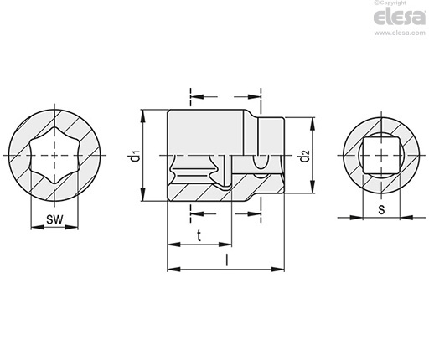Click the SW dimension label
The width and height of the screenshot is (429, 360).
pos(54,219)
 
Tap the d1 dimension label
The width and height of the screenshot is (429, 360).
pos(134,156)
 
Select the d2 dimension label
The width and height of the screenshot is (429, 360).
pos(305,156)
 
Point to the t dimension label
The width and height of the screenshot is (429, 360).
pos(199,235)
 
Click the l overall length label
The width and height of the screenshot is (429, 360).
pos(227,260)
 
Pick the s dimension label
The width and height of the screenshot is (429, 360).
pos(381,209)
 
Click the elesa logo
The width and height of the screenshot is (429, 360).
pos(400,18)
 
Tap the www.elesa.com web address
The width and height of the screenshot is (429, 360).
pos(400,33)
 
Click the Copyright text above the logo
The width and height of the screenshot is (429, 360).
pos(390,3)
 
